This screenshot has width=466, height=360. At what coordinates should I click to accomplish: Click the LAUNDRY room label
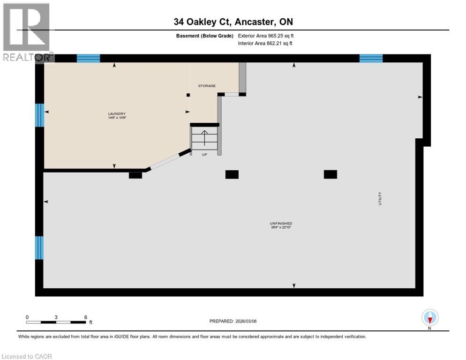(x=117, y=113)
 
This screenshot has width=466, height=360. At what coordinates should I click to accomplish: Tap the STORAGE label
(x=206, y=86)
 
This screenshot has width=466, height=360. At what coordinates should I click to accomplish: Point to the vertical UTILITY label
(x=380, y=198)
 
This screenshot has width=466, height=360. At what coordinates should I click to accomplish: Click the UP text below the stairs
(x=204, y=155)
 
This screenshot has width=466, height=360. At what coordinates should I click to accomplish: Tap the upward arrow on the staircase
(x=204, y=138)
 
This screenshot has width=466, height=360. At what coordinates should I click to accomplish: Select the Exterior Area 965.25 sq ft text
(x=266, y=36)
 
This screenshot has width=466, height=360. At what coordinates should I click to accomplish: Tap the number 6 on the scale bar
(x=85, y=317)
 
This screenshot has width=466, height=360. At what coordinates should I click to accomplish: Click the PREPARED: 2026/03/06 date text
(x=233, y=321)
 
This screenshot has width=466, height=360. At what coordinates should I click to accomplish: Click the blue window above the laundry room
(x=89, y=59)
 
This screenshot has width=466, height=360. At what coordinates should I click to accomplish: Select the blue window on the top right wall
(x=371, y=59)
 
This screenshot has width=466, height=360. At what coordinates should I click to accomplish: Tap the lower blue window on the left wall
(x=39, y=247)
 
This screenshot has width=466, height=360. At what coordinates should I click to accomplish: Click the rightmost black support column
(x=330, y=174)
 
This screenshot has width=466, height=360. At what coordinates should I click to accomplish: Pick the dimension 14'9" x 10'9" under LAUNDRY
(x=117, y=118)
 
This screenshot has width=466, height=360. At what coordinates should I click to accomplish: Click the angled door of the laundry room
(x=164, y=160)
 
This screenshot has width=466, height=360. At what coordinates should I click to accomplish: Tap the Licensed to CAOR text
(x=27, y=356)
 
